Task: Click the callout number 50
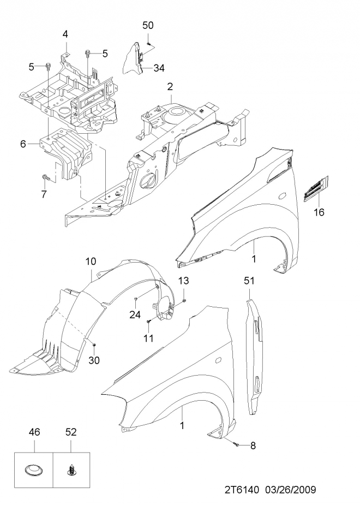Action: (148, 25)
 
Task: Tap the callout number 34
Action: (159, 68)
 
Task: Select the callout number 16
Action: (319, 212)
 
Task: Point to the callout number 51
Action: (249, 281)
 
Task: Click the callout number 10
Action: (91, 261)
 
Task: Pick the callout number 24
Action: (135, 314)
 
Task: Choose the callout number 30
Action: (94, 360)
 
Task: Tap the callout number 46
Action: (34, 432)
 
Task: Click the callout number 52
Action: (71, 432)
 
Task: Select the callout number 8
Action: (253, 445)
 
